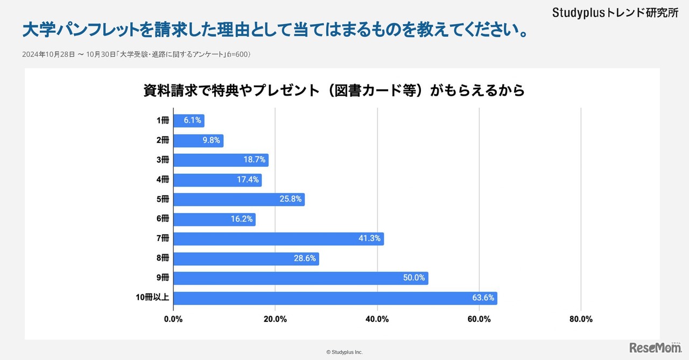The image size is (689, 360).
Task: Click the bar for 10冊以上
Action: point(335,298)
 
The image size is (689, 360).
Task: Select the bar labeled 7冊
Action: point(278,239)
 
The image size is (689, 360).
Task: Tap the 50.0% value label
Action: point(414,278)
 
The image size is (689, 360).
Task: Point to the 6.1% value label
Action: point(192,121)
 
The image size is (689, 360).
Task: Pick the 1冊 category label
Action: point(163,121)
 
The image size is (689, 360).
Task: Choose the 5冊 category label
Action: point(163,200)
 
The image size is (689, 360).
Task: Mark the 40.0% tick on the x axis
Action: point(377,319)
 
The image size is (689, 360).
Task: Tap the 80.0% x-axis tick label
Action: point(581,319)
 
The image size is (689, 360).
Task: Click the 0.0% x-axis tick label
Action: point(173,319)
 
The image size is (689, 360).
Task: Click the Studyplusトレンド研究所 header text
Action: point(615,13)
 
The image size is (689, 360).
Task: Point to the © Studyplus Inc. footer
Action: point(344,352)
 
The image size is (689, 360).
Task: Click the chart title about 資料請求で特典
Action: point(334,90)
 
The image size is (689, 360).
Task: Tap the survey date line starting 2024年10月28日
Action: point(137,54)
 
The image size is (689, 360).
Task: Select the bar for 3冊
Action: point(221,160)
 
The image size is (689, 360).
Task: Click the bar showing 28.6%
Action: point(246,259)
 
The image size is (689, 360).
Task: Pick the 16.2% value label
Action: point(242,219)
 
